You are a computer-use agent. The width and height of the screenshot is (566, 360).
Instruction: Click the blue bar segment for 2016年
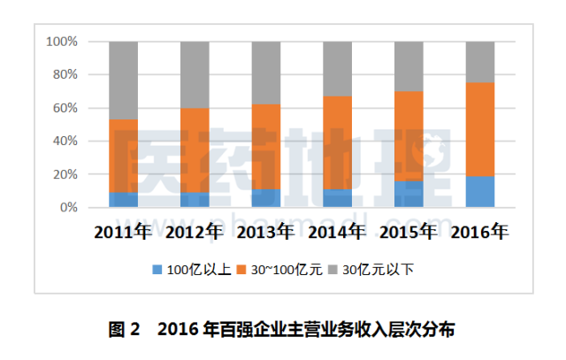coord(480,192)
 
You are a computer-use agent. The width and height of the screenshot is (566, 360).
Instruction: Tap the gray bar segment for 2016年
coord(480,62)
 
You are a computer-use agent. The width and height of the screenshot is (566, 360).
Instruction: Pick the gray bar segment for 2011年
coord(123,80)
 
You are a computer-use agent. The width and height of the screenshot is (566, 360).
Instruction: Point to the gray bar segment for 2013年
coord(266,73)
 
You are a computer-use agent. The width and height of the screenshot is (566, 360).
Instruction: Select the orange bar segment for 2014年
coord(337,142)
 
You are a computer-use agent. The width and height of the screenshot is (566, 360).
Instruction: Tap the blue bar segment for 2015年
coord(409,195)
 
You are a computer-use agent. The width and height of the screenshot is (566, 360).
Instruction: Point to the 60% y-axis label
coord(65,108)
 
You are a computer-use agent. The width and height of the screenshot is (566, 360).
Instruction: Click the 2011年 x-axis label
coord(124,234)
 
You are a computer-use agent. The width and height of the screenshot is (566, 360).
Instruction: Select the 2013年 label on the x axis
coord(266,234)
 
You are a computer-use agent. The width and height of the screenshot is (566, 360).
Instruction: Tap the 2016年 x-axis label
coord(480,234)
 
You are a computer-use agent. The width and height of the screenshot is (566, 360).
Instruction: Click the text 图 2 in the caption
coord(125,330)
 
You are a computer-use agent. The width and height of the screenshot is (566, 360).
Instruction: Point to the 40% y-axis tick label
coord(65,142)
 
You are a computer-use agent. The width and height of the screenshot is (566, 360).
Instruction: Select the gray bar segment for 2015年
coord(409,66)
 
